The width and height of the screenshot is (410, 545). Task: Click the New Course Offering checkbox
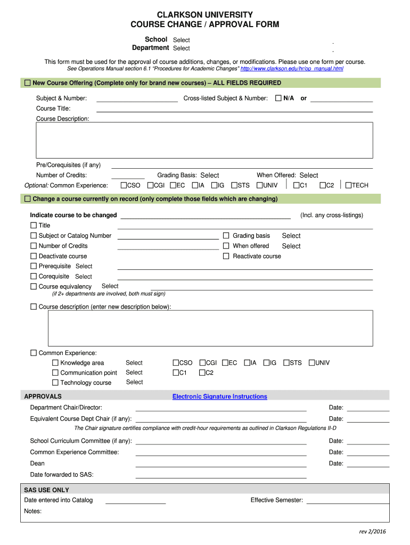pos(27,83)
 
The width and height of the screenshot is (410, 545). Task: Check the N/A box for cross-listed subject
pos(278,98)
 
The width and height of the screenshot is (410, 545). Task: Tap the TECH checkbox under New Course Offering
pos(348,185)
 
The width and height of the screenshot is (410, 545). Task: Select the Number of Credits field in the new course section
pos(128,175)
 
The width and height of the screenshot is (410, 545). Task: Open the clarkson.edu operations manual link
pos(292,69)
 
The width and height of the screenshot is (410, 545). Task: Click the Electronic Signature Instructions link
pos(219,397)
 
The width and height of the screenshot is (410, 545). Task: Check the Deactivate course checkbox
pos(34,256)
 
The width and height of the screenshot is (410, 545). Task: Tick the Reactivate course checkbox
pos(226,256)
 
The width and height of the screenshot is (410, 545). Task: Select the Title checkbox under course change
pos(34,225)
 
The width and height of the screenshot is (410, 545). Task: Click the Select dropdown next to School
pos(182,40)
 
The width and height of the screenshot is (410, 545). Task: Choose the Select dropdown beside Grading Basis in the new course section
pos(209,175)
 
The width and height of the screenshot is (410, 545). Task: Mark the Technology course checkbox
pos(55,383)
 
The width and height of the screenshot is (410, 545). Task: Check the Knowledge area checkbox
pos(55,363)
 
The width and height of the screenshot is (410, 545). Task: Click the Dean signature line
pos(221,464)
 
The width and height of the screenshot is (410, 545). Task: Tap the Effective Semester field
pos(348,500)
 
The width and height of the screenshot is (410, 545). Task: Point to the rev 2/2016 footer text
pos(372,532)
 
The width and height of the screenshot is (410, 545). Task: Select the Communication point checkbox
pos(55,373)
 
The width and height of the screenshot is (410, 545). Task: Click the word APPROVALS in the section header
pos(43,397)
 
